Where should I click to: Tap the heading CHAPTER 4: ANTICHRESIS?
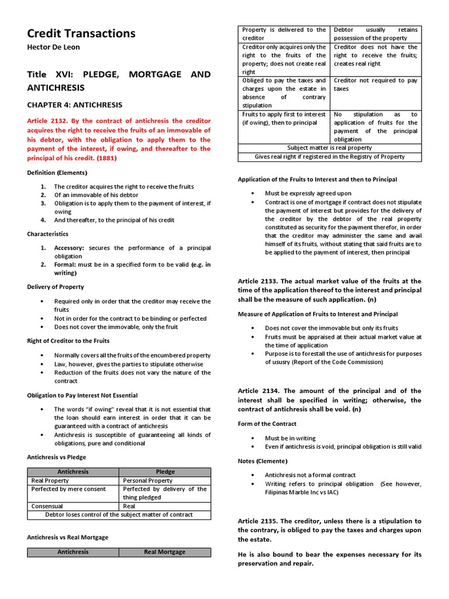tap(75, 105)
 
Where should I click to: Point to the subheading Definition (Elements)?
tap(57, 173)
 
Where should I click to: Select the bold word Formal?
tap(65, 264)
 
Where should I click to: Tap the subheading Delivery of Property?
tap(56, 287)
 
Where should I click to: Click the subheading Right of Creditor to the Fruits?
tap(68, 340)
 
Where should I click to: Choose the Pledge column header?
tap(165, 471)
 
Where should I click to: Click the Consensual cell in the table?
tap(47, 506)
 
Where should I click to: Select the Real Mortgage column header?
tap(165, 552)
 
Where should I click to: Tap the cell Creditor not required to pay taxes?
tap(375, 85)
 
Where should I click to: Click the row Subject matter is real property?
tap(329, 148)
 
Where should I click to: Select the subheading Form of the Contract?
tap(267, 424)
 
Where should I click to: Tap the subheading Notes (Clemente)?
tap(263, 461)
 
